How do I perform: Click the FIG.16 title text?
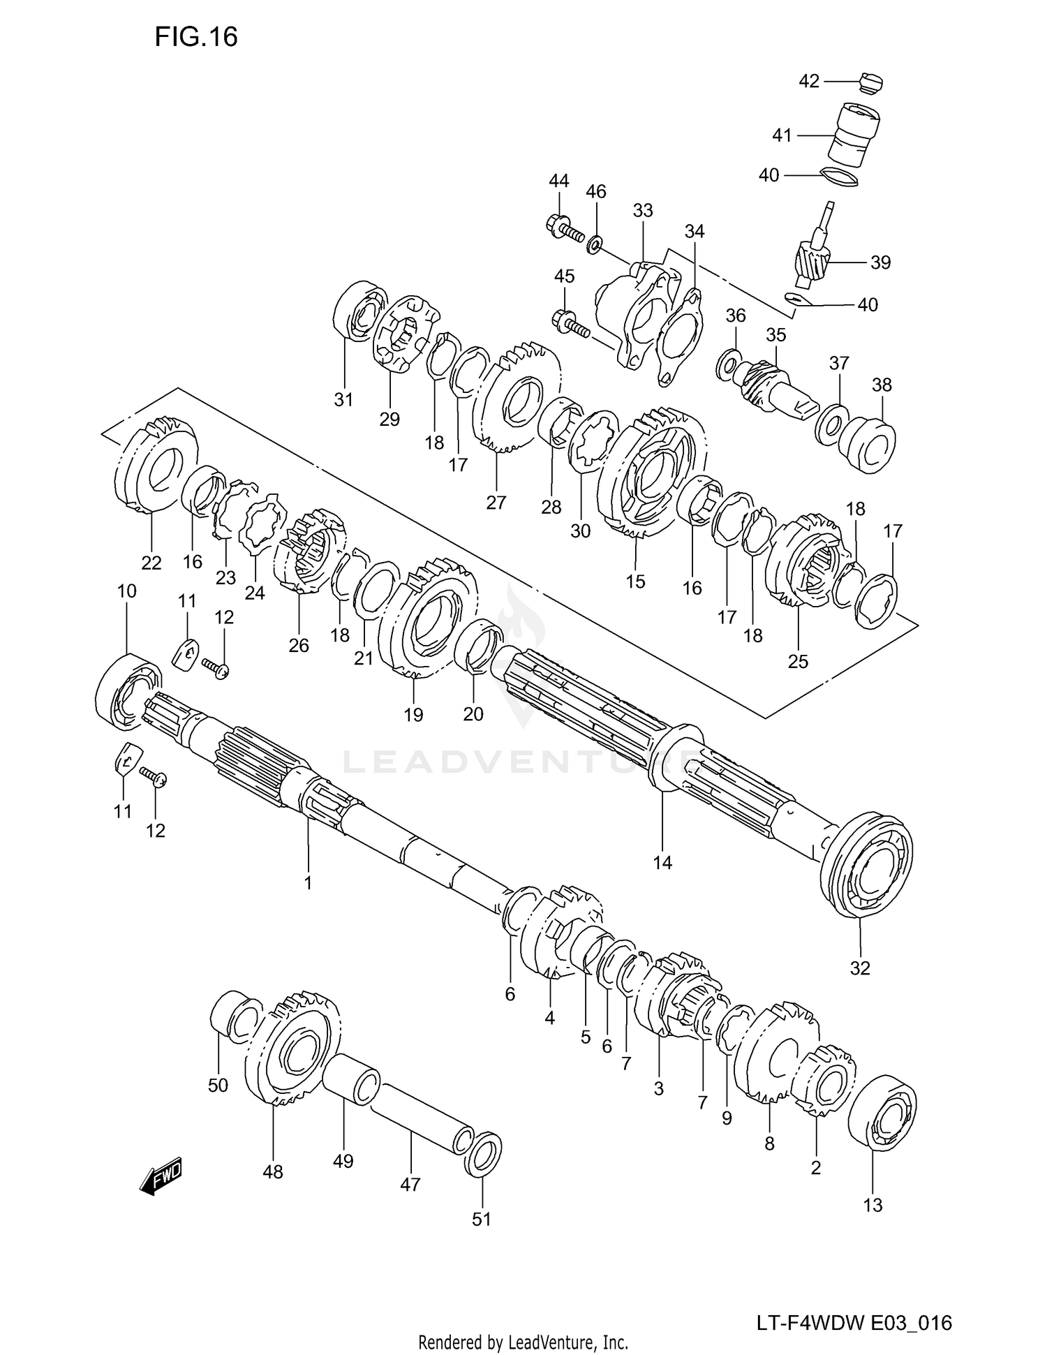[196, 36]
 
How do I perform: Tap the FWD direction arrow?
[162, 1179]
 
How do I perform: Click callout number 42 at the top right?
[808, 82]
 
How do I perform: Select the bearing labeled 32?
[867, 866]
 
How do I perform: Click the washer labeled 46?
[595, 243]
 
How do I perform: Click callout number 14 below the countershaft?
[662, 863]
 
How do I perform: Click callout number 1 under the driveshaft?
[307, 883]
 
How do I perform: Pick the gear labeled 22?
[156, 465]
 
